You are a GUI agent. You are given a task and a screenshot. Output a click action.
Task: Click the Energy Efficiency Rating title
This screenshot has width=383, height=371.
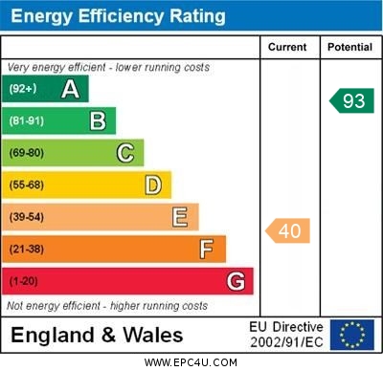pos(118,16)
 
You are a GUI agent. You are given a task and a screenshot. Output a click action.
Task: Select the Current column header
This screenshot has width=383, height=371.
pos(287,47)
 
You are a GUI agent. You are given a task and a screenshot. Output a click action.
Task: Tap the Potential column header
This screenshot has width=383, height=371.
pos(349,47)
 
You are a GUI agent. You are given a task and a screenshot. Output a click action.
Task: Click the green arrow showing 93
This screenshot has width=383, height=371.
pos(351,100)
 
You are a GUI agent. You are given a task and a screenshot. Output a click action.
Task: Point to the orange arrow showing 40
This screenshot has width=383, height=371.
pos(288,230)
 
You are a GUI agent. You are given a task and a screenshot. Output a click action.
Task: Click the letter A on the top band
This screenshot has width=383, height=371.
pos(70,89)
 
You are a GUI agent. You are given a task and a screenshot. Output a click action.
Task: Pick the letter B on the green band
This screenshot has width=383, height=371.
pos(98,120)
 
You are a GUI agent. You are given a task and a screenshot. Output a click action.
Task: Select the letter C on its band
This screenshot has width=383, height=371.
pos(125,153)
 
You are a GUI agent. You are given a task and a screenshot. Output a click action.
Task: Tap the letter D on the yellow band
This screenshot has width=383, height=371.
pos(153,185)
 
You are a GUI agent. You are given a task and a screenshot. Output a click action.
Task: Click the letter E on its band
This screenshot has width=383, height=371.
pos(180,217)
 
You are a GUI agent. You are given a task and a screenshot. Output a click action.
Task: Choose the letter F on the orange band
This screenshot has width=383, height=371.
pos(206,250)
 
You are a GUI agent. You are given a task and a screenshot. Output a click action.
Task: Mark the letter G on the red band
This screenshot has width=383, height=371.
pos(236,282)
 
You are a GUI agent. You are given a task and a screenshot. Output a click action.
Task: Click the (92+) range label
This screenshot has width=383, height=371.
pos(22,89)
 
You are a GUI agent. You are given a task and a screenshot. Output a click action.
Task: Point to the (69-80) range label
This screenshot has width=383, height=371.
pos(27,153)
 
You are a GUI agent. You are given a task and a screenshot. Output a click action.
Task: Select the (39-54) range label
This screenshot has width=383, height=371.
pos(27,217)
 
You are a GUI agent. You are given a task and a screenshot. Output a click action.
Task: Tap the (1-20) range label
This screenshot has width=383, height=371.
pos(24,282)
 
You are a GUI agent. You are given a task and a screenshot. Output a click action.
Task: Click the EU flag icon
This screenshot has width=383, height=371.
pos(351,335)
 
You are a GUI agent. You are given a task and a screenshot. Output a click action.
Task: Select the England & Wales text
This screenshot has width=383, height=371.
pos(97,335)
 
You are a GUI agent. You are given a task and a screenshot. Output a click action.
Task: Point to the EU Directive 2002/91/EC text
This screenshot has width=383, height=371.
pos(286,335)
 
